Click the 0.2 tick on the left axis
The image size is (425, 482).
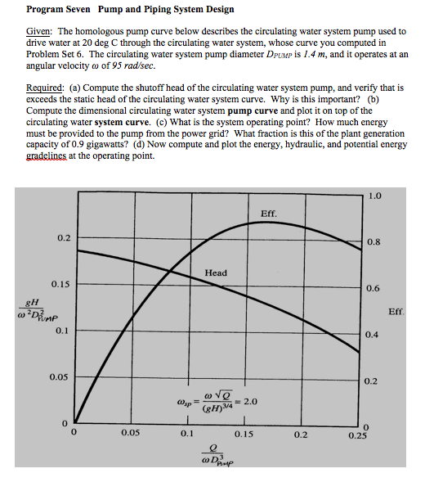[x=63, y=237]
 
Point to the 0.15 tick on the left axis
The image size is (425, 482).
[x=60, y=284]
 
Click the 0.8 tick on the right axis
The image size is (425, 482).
[x=373, y=242]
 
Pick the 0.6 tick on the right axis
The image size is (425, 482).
[x=373, y=288]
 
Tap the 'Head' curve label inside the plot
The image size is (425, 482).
[x=216, y=273]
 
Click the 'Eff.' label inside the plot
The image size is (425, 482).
[x=269, y=214]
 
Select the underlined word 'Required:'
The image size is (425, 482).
[x=47, y=85]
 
